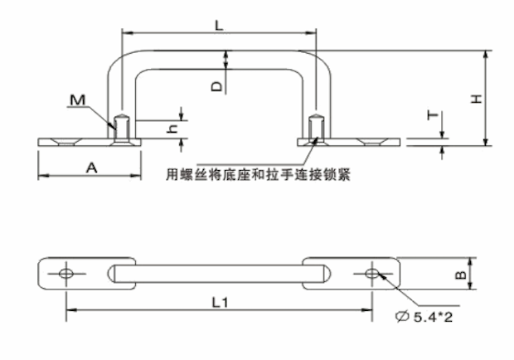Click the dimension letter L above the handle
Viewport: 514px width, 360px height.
pos(217,24)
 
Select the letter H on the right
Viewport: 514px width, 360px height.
pos(475,98)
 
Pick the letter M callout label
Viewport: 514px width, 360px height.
pos(78,100)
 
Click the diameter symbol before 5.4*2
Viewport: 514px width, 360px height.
pos(402,314)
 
